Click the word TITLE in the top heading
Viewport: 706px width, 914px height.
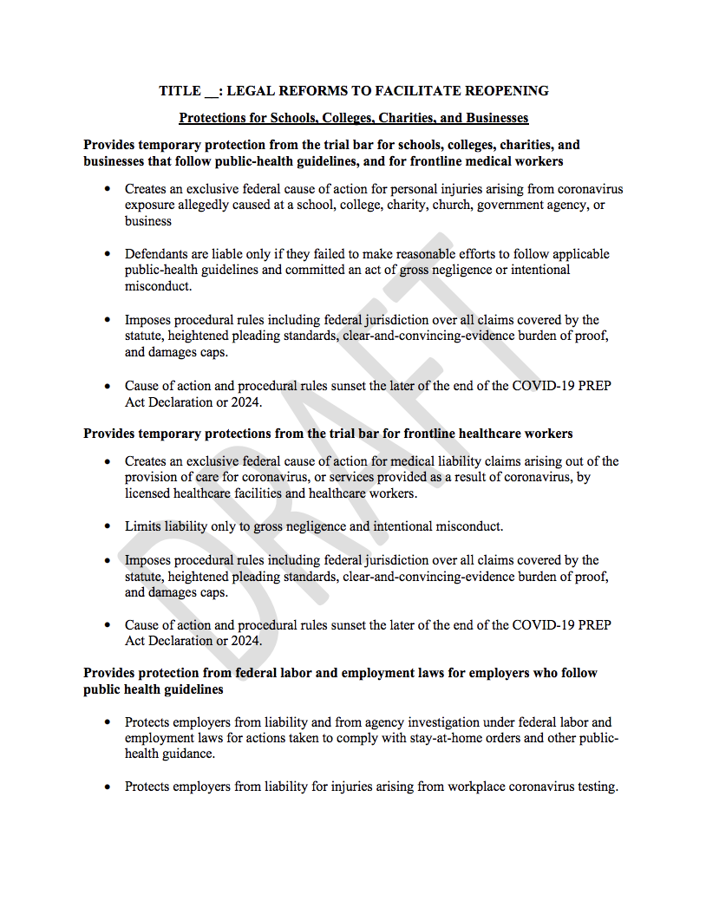pos(180,91)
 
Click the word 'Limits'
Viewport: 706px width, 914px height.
pos(142,526)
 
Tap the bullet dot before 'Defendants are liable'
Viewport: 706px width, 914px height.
pos(108,254)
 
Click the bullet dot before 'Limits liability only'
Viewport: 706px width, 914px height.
pos(108,526)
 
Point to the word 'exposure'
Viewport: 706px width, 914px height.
pos(148,205)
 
